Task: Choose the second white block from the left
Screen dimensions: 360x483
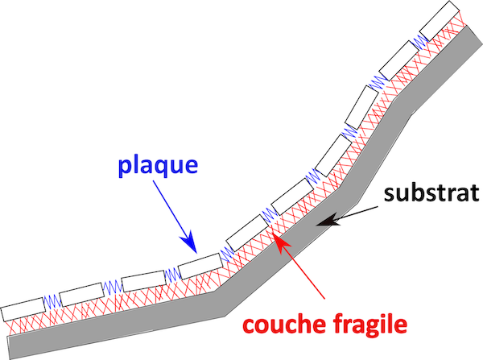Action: (x=80, y=294)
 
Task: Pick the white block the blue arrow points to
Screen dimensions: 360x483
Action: (x=199, y=265)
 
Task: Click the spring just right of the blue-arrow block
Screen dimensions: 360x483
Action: (x=227, y=252)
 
